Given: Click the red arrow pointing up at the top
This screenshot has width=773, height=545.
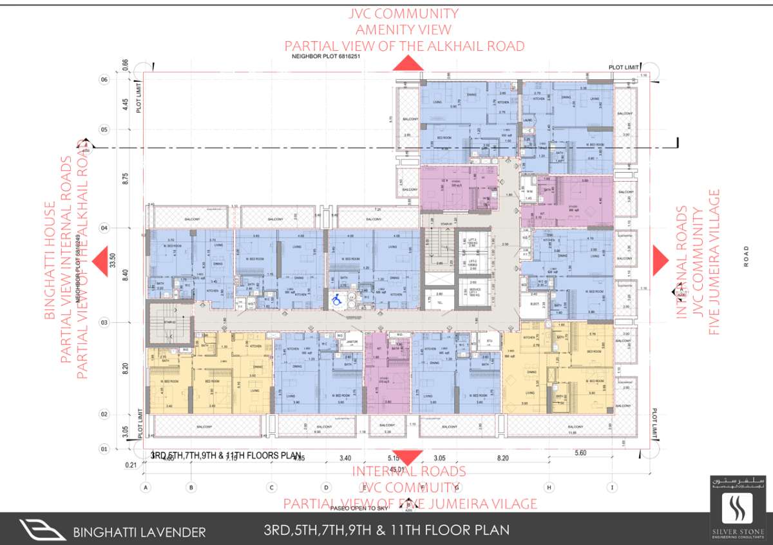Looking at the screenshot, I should click(407, 63).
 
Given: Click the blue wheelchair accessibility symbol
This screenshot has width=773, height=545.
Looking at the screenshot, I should click(336, 299).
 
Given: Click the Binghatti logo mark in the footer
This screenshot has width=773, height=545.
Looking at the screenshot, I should click(42, 530).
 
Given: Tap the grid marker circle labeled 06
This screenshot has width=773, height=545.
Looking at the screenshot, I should click(104, 79).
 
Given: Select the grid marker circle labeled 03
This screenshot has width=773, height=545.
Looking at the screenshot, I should click(104, 322).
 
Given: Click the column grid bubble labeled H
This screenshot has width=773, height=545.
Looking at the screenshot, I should click(549, 487).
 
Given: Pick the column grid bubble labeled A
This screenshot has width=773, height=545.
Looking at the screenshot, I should click(147, 487).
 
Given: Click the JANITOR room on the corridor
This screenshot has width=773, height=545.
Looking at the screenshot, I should click(352, 342).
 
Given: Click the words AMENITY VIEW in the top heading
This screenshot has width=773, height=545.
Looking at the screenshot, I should click(403, 30).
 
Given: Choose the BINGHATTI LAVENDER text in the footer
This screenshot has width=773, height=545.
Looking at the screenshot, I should click(140, 532).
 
